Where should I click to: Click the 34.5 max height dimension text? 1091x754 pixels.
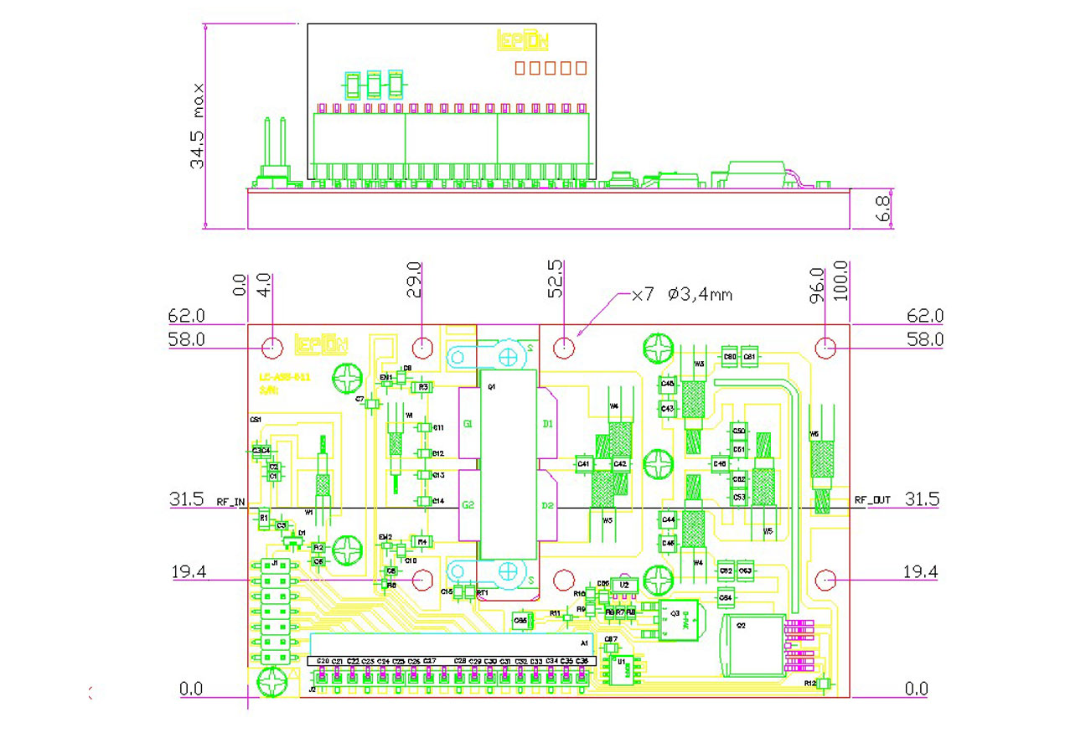pyautogui.click(x=198, y=126)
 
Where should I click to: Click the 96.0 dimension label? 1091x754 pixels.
pyautogui.click(x=818, y=285)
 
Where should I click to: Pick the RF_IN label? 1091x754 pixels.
pyautogui.click(x=231, y=503)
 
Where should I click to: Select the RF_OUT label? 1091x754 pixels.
pyautogui.click(x=872, y=500)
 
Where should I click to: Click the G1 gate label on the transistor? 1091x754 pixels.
pyautogui.click(x=467, y=425)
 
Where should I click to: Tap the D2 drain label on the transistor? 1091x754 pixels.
pyautogui.click(x=548, y=505)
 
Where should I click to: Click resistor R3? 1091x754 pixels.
pyautogui.click(x=423, y=387)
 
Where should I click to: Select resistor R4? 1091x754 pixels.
pyautogui.click(x=422, y=542)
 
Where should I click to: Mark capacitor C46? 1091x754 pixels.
pyautogui.click(x=719, y=463)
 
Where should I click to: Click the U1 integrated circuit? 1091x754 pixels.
pyautogui.click(x=622, y=668)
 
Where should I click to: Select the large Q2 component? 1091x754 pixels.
pyautogui.click(x=752, y=643)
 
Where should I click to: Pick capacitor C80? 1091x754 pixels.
pyautogui.click(x=729, y=357)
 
